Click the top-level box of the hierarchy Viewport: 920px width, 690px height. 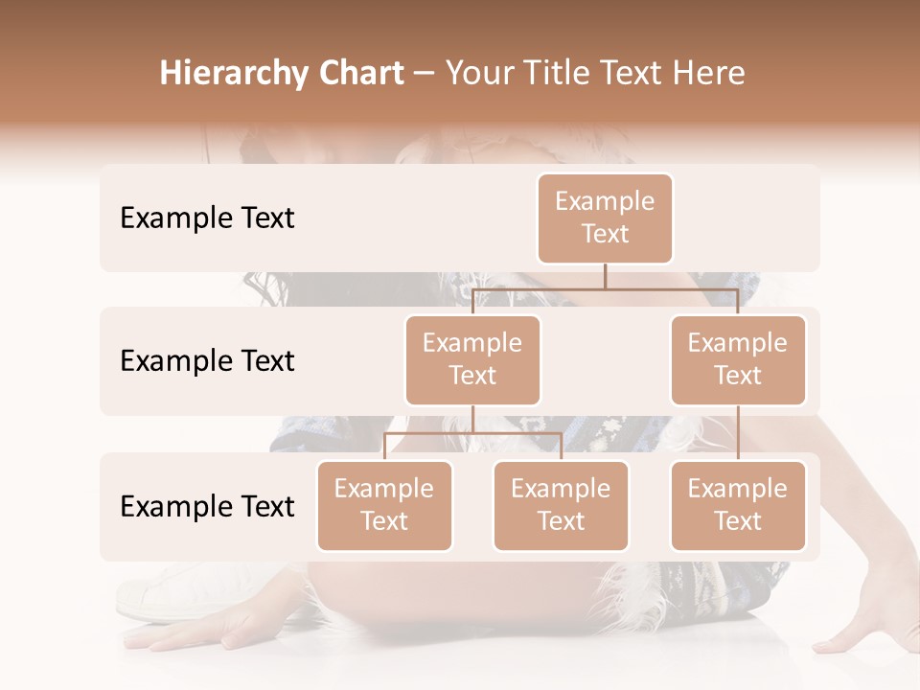(x=605, y=218)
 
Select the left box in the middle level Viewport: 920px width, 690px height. (x=472, y=360)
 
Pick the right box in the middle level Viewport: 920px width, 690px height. (x=738, y=360)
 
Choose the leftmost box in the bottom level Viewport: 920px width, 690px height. (x=384, y=506)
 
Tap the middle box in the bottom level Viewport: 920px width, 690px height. (x=561, y=506)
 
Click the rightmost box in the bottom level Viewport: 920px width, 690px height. (x=738, y=506)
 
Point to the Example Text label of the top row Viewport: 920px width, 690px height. (x=207, y=218)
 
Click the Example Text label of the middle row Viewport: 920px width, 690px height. (x=207, y=361)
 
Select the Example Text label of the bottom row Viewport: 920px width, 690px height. (x=207, y=507)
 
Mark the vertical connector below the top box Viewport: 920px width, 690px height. (x=605, y=276)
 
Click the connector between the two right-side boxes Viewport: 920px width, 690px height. (x=738, y=433)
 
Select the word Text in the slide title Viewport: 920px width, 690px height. (x=639, y=74)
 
